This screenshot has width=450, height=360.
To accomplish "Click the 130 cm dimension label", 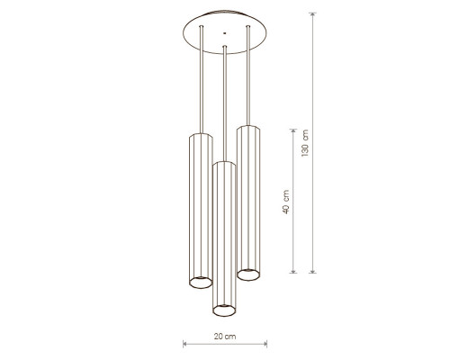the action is tap(305, 143).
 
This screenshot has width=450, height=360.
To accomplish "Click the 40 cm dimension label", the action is tap(286, 202).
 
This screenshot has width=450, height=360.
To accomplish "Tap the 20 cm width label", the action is tap(225, 337).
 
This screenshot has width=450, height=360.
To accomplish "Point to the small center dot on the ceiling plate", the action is tap(224, 33).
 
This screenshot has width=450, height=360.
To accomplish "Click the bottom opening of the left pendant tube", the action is tap(201, 283).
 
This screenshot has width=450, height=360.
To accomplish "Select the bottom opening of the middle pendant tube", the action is tap(224, 310).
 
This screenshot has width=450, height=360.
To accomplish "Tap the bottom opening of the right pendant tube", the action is tap(248, 274).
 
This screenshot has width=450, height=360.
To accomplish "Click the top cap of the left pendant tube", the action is tap(201, 136).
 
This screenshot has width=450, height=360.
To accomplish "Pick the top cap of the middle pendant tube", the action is tap(224, 164).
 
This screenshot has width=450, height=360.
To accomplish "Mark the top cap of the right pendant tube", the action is tap(248, 128).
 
